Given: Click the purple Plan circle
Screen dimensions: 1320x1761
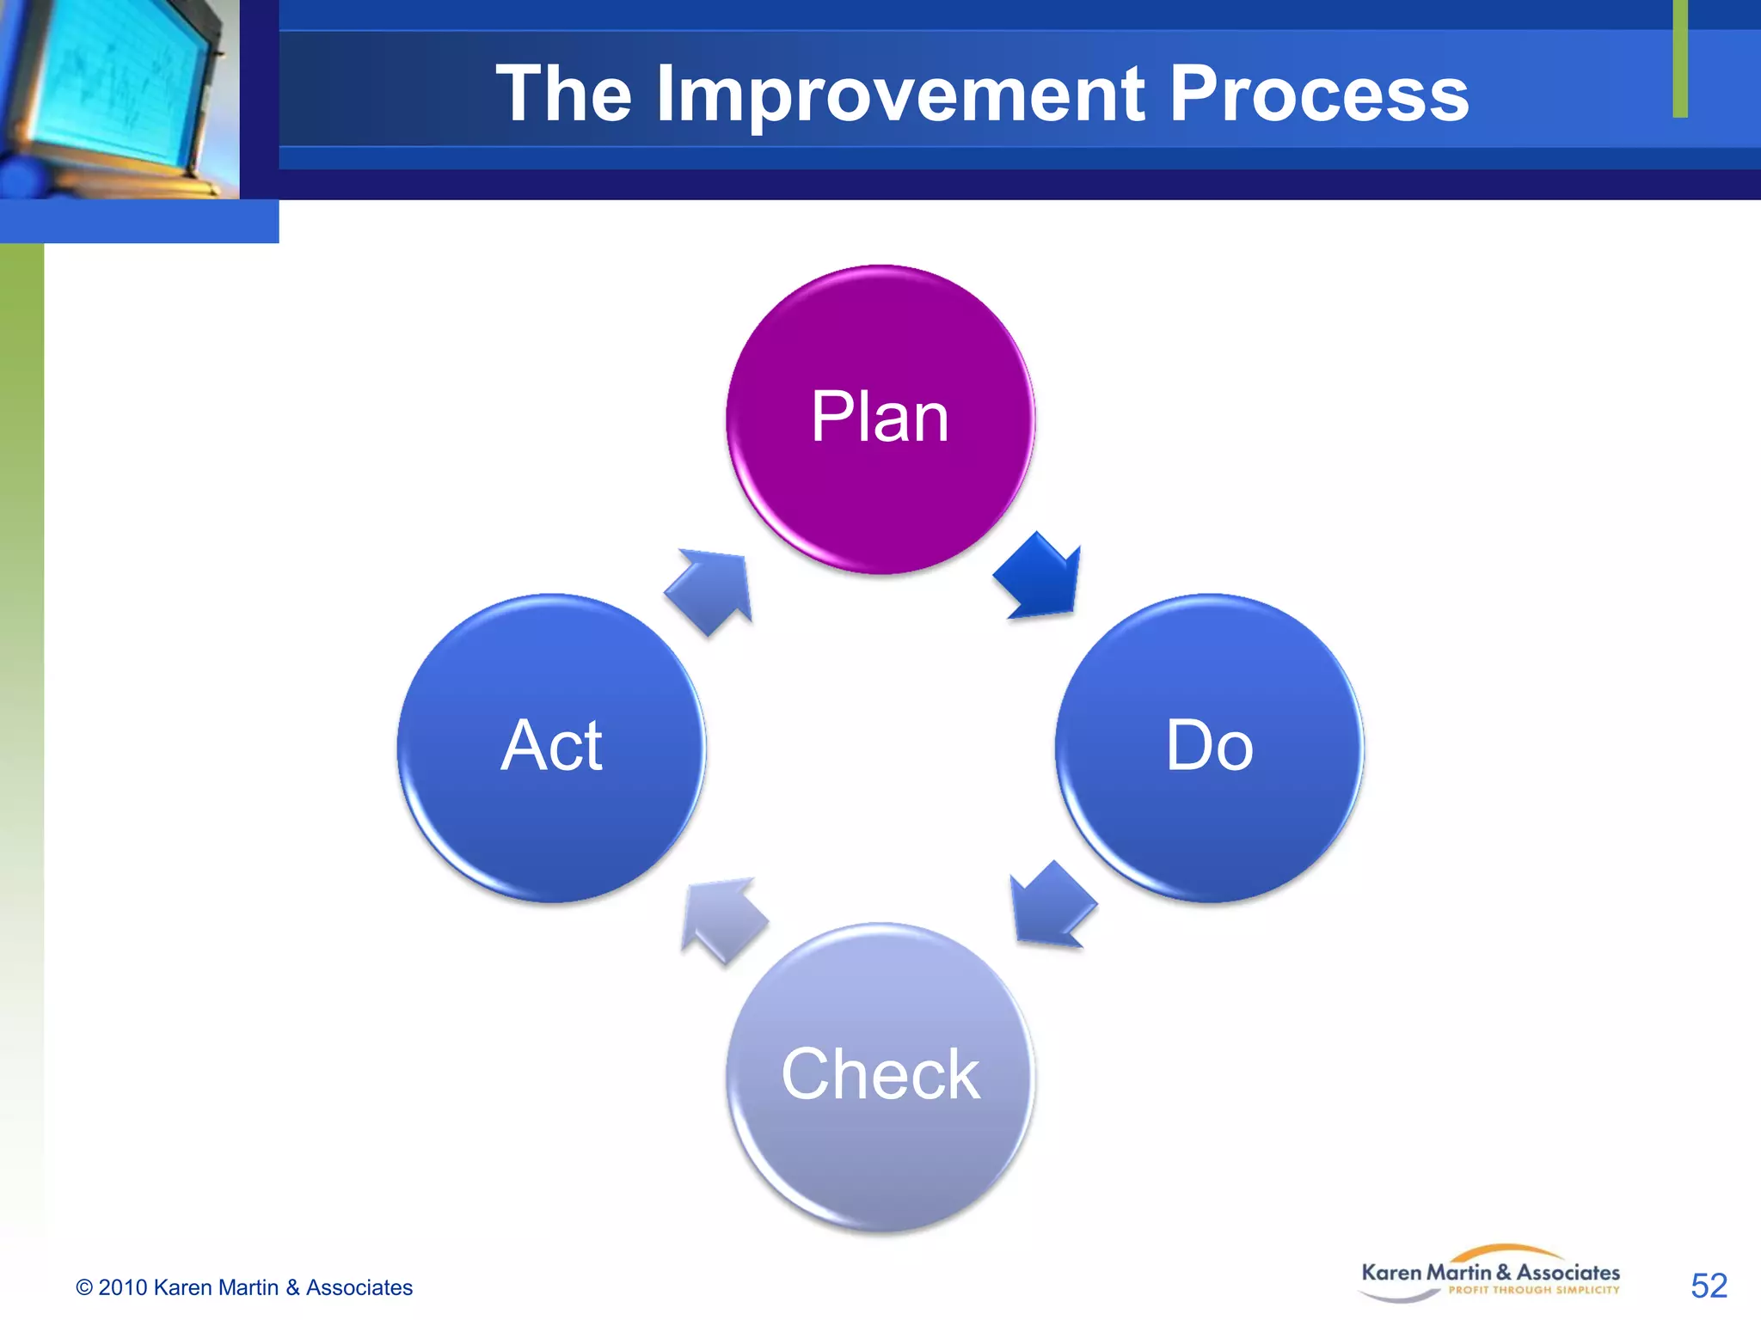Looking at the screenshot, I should point(880,419).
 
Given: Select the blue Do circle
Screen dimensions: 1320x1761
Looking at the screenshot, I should point(1209,747).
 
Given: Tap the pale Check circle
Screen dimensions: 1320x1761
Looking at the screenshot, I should point(880,1076).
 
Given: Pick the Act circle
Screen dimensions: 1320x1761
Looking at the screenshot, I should point(551,747).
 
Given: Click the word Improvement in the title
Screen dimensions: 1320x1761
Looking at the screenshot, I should point(899,95).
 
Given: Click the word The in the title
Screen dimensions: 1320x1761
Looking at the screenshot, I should point(563,95).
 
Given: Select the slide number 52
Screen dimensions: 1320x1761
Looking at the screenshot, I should point(1708,1286).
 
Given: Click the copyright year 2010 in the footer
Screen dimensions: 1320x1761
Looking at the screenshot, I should point(123,1287).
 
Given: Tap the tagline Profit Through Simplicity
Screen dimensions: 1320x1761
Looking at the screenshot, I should point(1533,1290).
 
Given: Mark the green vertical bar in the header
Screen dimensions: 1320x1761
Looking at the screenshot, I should point(1680,58).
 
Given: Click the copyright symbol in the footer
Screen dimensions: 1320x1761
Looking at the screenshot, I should point(84,1287).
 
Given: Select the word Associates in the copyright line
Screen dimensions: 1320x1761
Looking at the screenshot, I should point(359,1287).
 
